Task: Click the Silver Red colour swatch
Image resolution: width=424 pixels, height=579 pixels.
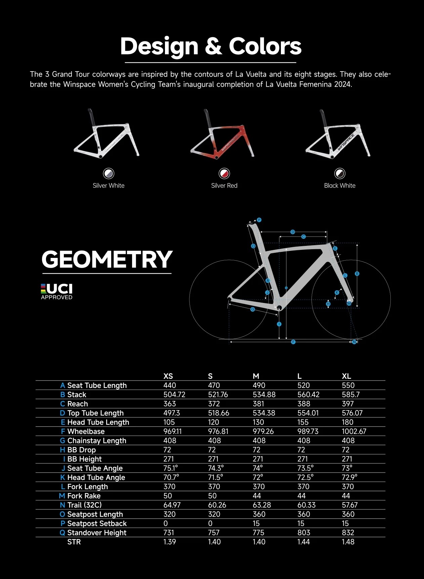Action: tap(224, 174)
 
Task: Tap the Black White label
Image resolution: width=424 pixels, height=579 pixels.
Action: tap(340, 186)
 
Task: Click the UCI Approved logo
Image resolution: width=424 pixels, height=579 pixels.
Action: tap(57, 292)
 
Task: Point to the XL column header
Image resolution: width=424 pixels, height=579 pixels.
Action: tap(346, 376)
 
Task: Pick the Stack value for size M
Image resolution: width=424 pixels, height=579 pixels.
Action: tap(264, 395)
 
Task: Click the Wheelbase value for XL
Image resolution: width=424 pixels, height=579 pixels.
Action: tap(354, 431)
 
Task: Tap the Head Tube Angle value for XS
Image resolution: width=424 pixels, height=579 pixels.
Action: tap(171, 477)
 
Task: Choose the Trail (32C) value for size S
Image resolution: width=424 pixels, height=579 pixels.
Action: tap(217, 505)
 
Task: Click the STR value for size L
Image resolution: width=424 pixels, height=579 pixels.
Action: tap(303, 542)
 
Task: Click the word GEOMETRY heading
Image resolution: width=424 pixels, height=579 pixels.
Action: tap(107, 260)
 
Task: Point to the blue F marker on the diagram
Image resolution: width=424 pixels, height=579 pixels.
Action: tap(293, 342)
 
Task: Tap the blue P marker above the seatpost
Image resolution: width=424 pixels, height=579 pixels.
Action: tap(259, 220)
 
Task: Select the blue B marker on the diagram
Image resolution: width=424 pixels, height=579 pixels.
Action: tap(357, 274)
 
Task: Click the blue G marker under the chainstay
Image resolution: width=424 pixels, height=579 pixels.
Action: tap(253, 309)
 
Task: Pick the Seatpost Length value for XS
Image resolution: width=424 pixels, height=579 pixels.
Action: tap(169, 514)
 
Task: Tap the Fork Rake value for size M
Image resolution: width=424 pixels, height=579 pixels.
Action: tap(257, 496)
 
